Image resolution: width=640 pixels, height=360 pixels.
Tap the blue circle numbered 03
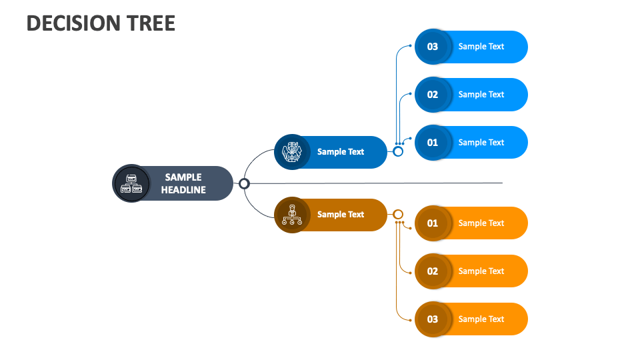pyautogui.click(x=433, y=47)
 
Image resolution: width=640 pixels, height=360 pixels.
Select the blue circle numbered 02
pyautogui.click(x=433, y=95)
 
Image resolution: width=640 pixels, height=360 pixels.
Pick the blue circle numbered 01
pyautogui.click(x=433, y=143)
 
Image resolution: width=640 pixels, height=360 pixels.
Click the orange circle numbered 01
pyautogui.click(x=433, y=223)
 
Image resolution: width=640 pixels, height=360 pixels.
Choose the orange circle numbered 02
pyautogui.click(x=433, y=271)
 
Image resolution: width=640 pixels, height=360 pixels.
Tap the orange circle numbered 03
pyautogui.click(x=433, y=319)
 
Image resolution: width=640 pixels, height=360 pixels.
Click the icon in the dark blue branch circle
pyautogui.click(x=291, y=152)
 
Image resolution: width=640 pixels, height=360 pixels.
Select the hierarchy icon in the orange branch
pyautogui.click(x=291, y=215)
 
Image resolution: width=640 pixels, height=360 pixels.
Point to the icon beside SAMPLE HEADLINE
pyautogui.click(x=131, y=183)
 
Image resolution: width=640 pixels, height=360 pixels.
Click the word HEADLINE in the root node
pyautogui.click(x=183, y=190)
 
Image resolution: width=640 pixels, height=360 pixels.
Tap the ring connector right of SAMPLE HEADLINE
pyautogui.click(x=244, y=183)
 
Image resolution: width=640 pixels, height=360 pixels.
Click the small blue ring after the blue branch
pyautogui.click(x=398, y=151)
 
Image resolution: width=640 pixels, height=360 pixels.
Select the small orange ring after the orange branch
pyautogui.click(x=398, y=214)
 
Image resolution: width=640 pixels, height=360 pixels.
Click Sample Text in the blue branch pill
pyautogui.click(x=341, y=152)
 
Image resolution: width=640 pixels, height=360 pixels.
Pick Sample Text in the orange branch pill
pyautogui.click(x=341, y=215)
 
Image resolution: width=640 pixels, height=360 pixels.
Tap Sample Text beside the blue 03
pyautogui.click(x=481, y=47)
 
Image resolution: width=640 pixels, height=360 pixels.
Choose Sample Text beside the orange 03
pyautogui.click(x=481, y=319)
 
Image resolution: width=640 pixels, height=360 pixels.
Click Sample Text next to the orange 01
pyautogui.click(x=481, y=223)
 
